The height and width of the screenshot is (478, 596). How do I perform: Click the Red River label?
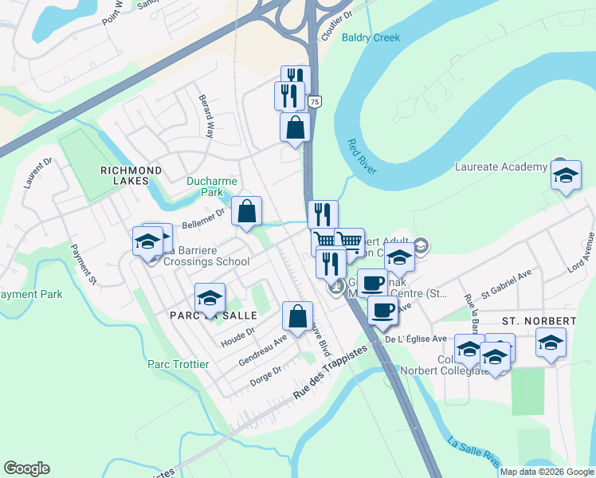(x=361, y=157)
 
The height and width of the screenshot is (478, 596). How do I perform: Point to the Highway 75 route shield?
(x=316, y=102)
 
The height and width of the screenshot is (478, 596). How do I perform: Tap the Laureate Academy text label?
(x=501, y=167)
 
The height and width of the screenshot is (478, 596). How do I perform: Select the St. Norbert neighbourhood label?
(x=539, y=320)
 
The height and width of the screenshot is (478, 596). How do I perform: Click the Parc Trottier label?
(x=178, y=364)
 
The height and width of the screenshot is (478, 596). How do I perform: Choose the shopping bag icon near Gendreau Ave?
(x=297, y=316)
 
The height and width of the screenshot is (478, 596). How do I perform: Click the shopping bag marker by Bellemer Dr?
(x=247, y=212)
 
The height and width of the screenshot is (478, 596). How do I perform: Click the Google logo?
(x=26, y=468)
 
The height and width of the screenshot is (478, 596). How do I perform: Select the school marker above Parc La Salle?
(x=210, y=298)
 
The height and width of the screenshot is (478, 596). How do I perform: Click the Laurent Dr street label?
(x=37, y=172)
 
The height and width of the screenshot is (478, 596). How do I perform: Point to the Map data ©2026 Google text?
(x=547, y=472)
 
